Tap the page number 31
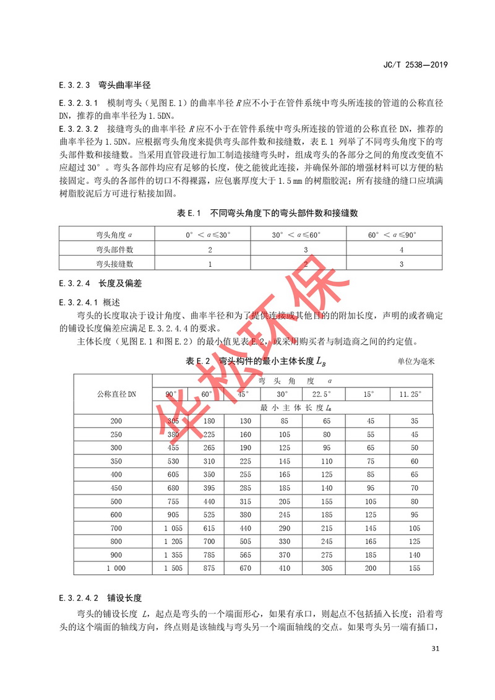(x=434, y=648)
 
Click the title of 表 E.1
(x=267, y=213)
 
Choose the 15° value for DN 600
(x=371, y=515)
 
